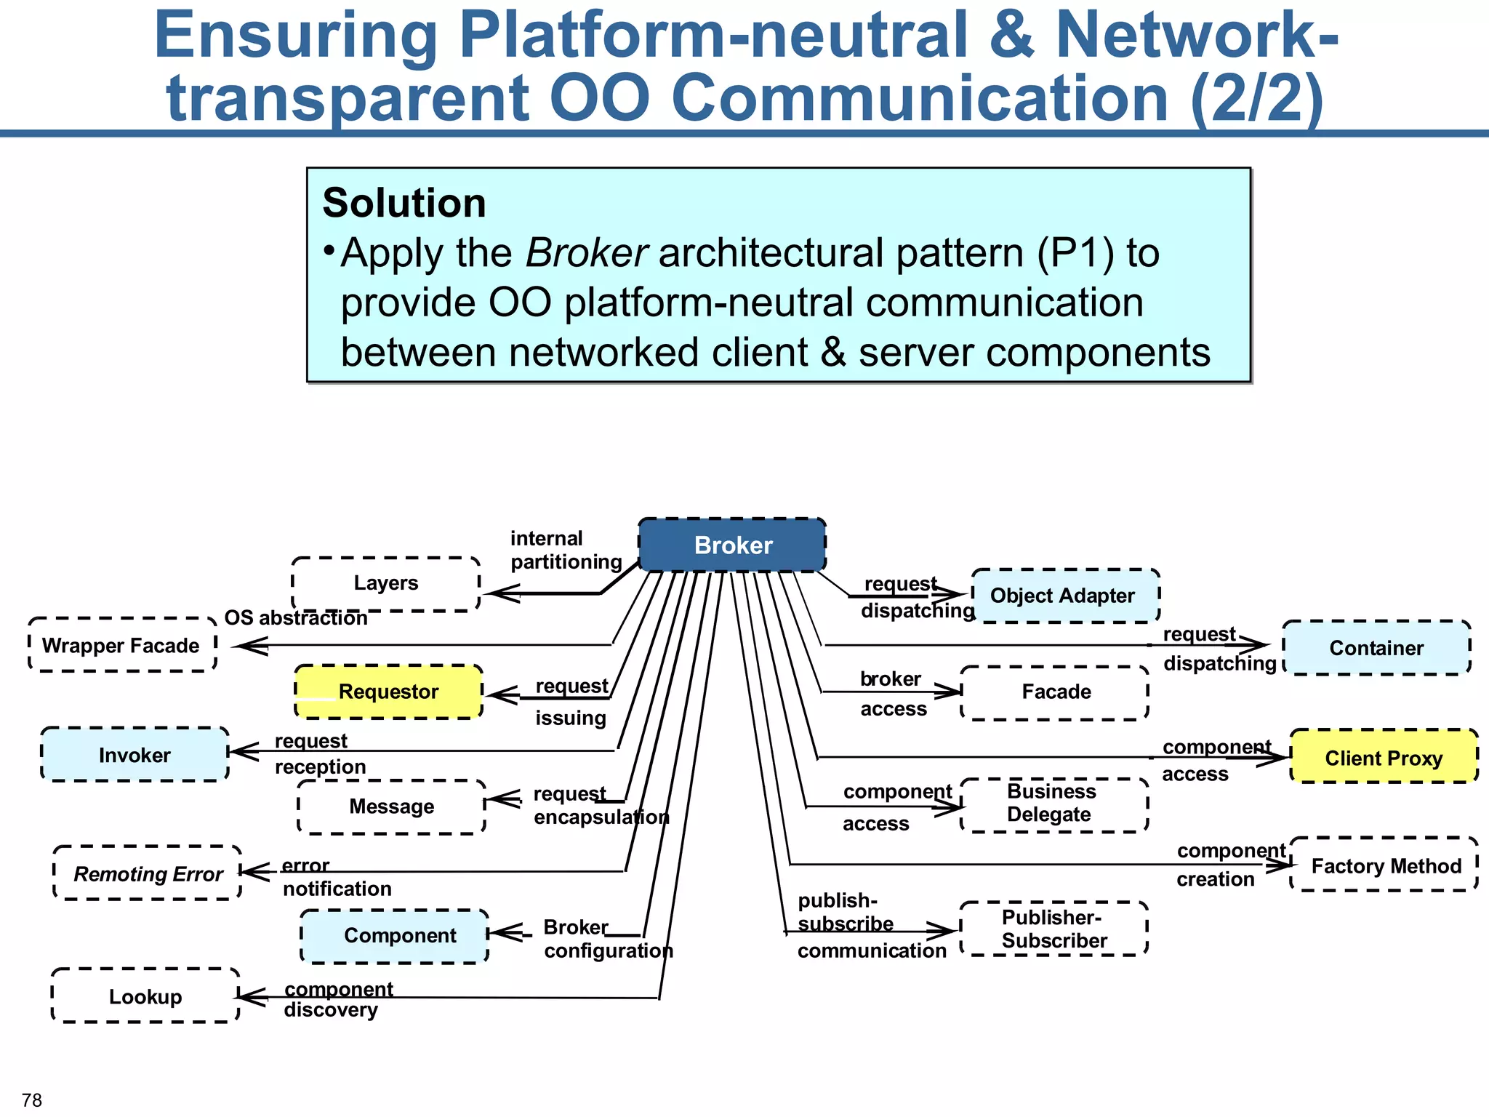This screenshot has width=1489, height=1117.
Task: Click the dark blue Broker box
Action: [732, 545]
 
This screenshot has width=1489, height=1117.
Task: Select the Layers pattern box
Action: [385, 584]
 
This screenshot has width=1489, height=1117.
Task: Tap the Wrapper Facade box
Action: [122, 645]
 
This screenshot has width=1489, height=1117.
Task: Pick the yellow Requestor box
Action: [388, 692]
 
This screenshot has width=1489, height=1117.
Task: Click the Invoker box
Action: [135, 755]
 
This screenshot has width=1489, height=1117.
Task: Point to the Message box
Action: [391, 806]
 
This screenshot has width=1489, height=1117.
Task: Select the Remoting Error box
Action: [148, 873]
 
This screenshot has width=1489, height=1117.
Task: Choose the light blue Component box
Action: [395, 936]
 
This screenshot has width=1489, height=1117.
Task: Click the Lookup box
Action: [145, 996]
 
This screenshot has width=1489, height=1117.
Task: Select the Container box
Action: [1376, 648]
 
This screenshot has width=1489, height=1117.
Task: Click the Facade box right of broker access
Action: [1055, 692]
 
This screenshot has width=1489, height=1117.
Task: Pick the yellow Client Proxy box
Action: [1384, 757]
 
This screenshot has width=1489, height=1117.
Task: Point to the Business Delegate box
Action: [1054, 804]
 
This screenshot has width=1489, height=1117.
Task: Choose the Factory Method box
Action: [1385, 865]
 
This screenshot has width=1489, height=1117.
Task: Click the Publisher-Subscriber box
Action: [1053, 929]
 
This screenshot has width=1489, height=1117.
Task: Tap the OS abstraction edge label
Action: [296, 618]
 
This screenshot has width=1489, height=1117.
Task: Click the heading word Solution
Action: [404, 203]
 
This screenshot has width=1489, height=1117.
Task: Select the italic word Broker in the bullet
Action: [586, 253]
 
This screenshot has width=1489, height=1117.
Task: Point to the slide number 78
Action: [32, 1100]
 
